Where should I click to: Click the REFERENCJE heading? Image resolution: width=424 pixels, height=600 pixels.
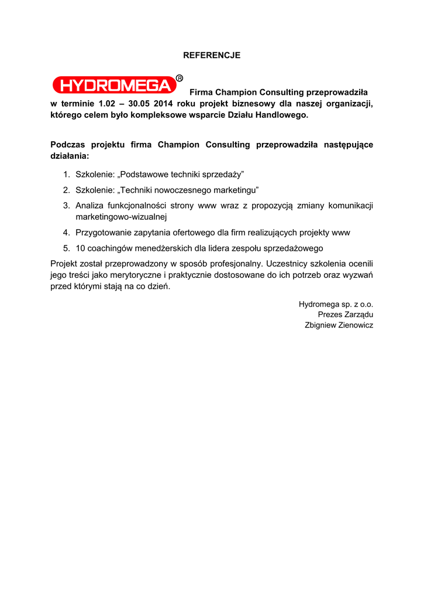(212, 56)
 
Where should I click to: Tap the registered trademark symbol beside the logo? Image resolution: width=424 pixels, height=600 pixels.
(180, 78)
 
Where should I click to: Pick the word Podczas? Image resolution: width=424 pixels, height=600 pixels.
(67, 145)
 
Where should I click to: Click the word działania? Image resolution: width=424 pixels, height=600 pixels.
(70, 156)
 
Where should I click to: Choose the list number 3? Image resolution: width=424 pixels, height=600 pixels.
(66, 205)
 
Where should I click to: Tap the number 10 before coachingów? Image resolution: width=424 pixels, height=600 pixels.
(81, 248)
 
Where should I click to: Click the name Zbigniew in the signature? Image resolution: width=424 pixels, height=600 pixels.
(320, 325)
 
